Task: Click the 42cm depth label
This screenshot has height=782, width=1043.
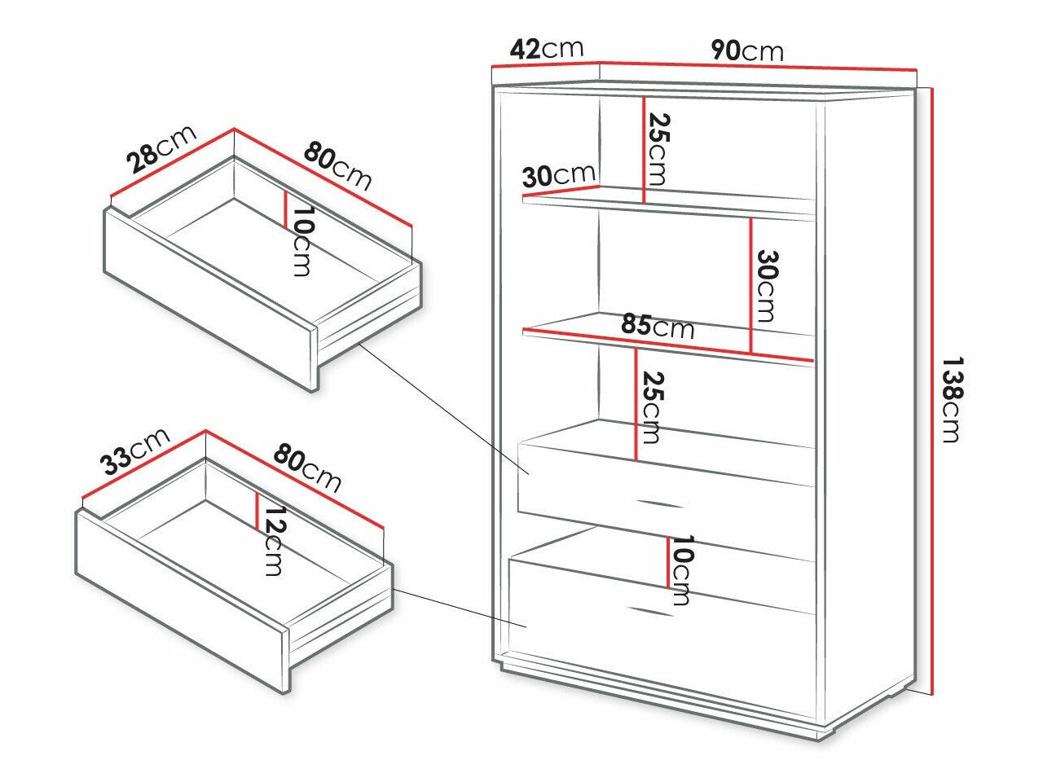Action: (x=547, y=49)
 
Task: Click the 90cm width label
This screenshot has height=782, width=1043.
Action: (x=747, y=51)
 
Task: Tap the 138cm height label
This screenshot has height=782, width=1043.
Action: (x=953, y=400)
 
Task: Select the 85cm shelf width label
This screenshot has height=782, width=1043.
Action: (x=657, y=327)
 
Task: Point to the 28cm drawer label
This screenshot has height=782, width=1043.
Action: (x=161, y=149)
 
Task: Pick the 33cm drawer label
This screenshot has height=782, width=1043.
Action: (x=135, y=451)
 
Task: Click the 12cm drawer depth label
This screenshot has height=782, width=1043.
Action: (x=274, y=541)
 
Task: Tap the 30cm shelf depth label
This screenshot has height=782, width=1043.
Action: (x=558, y=175)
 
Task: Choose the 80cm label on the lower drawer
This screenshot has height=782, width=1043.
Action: (x=307, y=468)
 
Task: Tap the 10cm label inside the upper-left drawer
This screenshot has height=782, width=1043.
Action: (x=302, y=241)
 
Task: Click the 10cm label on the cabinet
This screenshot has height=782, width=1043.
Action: (x=681, y=569)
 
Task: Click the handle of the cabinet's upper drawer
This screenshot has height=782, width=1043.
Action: (x=658, y=503)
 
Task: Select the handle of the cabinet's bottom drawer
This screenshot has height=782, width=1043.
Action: (x=650, y=612)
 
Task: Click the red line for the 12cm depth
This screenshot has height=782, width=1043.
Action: (x=257, y=512)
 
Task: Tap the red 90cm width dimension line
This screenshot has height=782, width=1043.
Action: (x=759, y=67)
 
